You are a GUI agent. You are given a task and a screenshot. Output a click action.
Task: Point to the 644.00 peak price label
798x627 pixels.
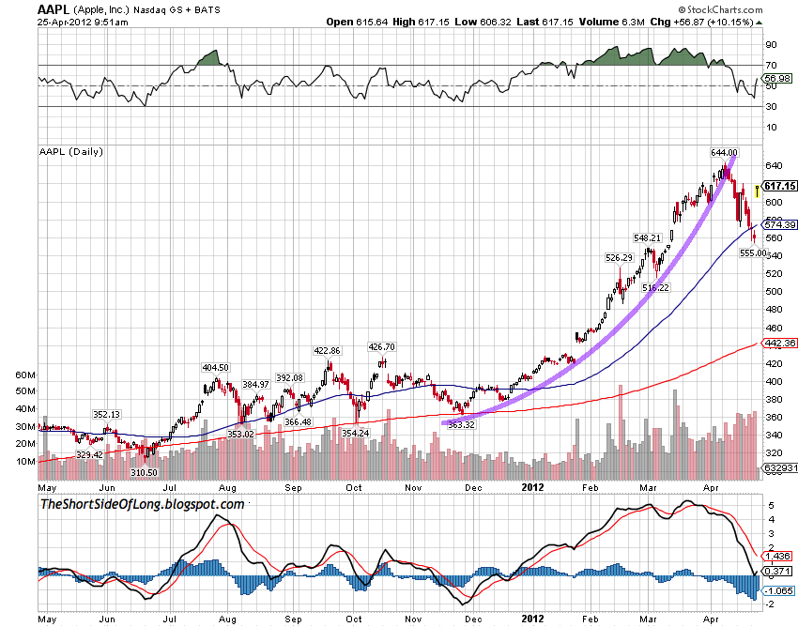pyautogui.click(x=724, y=152)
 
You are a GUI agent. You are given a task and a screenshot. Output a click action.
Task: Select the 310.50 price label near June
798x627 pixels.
pyautogui.click(x=145, y=472)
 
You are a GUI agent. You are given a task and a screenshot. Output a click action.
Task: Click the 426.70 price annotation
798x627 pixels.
pyautogui.click(x=381, y=345)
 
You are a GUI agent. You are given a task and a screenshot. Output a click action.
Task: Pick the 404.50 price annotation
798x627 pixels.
pyautogui.click(x=217, y=367)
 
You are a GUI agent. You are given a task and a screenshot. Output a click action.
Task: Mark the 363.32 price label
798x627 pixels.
pyautogui.click(x=463, y=425)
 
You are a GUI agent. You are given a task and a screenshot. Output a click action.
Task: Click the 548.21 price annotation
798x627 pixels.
pyautogui.click(x=648, y=237)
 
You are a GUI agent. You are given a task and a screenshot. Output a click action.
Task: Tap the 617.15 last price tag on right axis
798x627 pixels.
pyautogui.click(x=779, y=187)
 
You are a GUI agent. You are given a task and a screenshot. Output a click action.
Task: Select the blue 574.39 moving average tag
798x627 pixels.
pyautogui.click(x=779, y=224)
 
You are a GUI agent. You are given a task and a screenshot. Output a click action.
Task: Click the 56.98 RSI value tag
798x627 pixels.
pyautogui.click(x=779, y=78)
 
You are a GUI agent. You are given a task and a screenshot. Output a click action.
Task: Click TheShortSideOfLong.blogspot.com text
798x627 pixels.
pyautogui.click(x=142, y=505)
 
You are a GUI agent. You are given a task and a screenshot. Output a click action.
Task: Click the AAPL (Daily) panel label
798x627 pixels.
pyautogui.click(x=71, y=151)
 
